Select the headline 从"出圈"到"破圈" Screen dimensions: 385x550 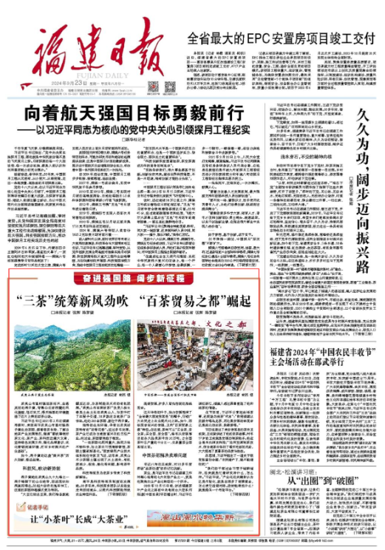(x=329, y=499)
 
